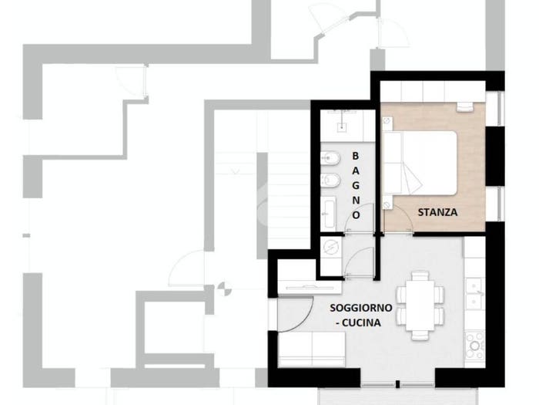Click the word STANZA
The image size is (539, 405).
[437, 212]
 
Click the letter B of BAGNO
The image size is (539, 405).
[356, 156]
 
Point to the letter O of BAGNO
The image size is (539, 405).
[356, 215]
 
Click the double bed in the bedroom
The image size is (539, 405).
[420, 163]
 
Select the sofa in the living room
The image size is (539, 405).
[311, 349]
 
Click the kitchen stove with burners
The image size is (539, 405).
[474, 345]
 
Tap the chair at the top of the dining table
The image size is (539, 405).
[420, 275]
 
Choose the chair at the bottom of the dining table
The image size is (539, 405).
[420, 336]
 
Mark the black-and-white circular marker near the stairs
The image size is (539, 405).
[225, 289]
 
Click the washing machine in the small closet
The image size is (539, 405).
[331, 247]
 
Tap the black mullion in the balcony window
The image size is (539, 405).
[398, 384]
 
